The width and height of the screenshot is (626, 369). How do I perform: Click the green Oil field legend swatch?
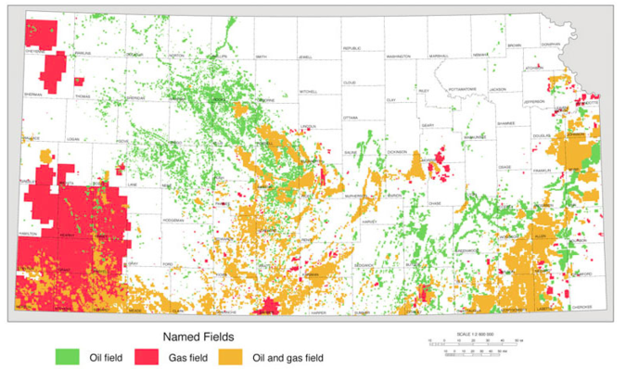pyautogui.click(x=67, y=354)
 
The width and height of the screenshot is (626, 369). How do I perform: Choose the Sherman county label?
pyautogui.click(x=32, y=95)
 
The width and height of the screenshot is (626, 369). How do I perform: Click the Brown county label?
pyautogui.click(x=515, y=45)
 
